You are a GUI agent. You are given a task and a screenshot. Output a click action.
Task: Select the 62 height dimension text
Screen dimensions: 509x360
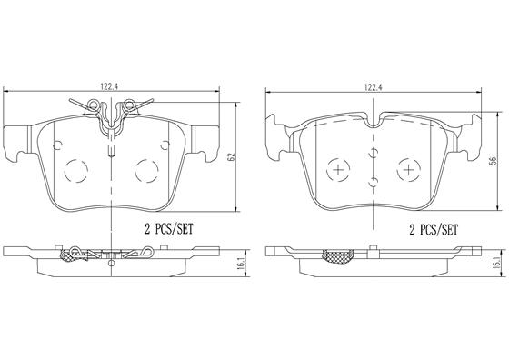click(231, 156)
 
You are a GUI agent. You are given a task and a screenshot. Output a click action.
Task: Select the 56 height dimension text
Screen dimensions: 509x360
click(493, 160)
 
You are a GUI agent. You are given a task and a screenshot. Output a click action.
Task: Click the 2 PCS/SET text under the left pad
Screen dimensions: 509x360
click(169, 229)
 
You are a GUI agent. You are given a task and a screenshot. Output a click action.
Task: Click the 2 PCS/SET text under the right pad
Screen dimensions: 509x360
click(433, 230)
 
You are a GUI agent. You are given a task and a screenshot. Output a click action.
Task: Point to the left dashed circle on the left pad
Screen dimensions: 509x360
click(76, 171)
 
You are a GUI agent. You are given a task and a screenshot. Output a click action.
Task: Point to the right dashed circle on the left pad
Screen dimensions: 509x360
click(146, 171)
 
